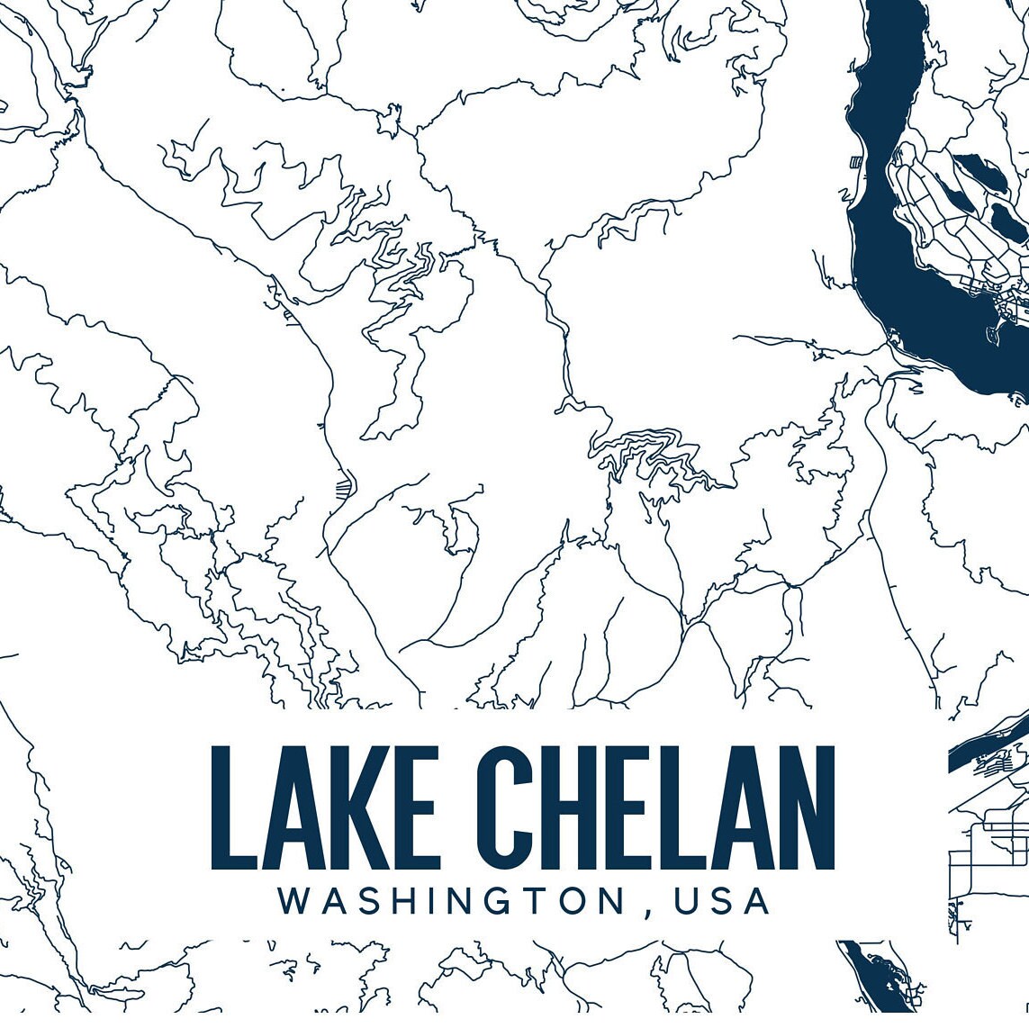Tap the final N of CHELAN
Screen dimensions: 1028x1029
[x=806, y=807]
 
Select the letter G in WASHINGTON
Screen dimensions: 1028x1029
[x=479, y=900]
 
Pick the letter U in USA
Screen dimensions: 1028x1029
[x=685, y=900]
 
